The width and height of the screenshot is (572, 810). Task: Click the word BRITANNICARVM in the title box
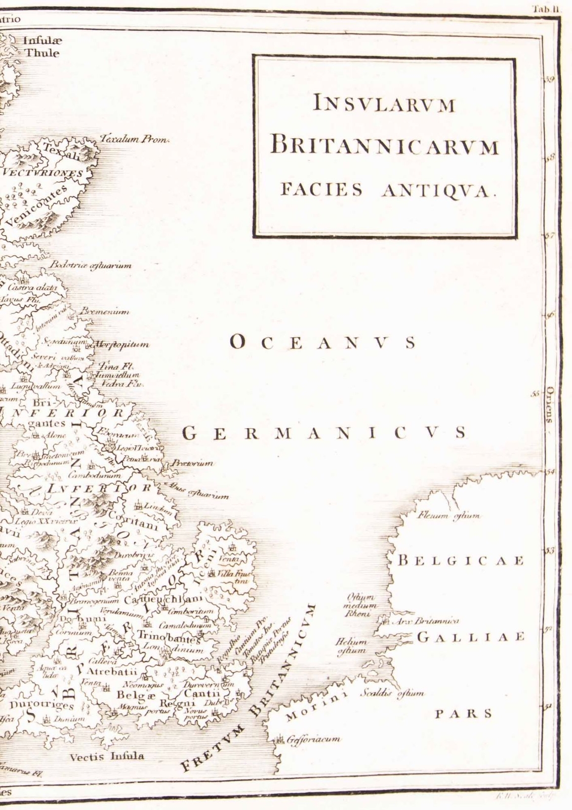click(x=385, y=146)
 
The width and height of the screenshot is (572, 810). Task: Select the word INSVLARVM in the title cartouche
click(x=385, y=104)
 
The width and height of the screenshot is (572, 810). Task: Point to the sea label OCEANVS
click(x=323, y=343)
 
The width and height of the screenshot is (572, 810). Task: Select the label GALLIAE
click(x=470, y=637)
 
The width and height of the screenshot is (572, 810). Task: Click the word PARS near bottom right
click(x=464, y=714)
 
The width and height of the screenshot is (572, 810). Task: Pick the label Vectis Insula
click(x=107, y=756)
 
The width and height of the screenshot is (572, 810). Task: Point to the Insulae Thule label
click(x=42, y=48)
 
